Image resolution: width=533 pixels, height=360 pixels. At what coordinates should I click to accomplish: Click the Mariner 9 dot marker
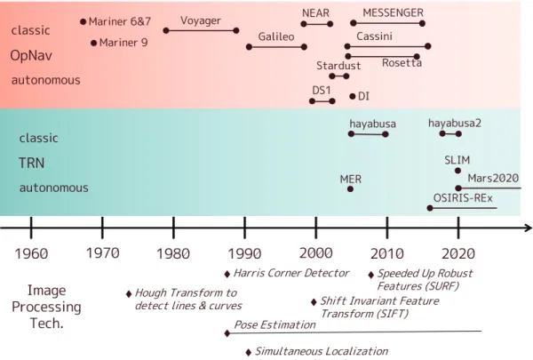pyautogui.click(x=94, y=44)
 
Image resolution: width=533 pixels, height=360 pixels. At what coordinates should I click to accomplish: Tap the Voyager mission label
pyautogui.click(x=201, y=21)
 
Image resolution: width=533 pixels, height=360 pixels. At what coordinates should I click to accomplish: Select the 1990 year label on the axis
pyautogui.click(x=244, y=253)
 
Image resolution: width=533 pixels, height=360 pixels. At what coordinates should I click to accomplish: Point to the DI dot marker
pyautogui.click(x=352, y=97)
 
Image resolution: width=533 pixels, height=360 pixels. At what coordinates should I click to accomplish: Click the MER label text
pyautogui.click(x=351, y=180)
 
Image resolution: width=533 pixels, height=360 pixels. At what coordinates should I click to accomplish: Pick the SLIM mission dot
pyautogui.click(x=457, y=171)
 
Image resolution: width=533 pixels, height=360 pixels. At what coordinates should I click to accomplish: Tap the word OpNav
pyautogui.click(x=31, y=55)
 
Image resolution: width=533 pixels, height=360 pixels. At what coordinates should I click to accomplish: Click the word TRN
pyautogui.click(x=31, y=163)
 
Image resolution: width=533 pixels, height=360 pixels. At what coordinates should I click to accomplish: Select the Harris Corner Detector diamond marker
pyautogui.click(x=227, y=275)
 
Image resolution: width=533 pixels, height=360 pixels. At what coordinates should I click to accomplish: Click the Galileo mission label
pyautogui.click(x=276, y=36)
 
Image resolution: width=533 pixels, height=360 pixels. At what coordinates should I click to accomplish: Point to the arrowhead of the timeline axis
pyautogui.click(x=529, y=228)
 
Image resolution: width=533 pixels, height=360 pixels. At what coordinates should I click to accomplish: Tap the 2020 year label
pyautogui.click(x=458, y=253)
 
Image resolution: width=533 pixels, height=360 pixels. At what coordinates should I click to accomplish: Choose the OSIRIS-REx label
pyautogui.click(x=463, y=198)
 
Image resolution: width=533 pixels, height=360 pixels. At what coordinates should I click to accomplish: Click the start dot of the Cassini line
pyautogui.click(x=347, y=46)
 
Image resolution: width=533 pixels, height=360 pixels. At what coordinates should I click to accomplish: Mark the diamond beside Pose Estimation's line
pyautogui.click(x=227, y=333)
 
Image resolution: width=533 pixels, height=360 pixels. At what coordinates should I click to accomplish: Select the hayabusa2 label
pyautogui.click(x=455, y=124)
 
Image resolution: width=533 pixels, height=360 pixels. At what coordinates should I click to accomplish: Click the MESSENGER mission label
pyautogui.click(x=393, y=13)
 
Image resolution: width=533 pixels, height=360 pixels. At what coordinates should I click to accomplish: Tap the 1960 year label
pyautogui.click(x=31, y=253)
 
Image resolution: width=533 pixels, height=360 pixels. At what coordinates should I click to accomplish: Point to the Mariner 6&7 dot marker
pyautogui.click(x=83, y=21)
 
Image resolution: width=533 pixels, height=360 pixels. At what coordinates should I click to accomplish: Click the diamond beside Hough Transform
pyautogui.click(x=129, y=294)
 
